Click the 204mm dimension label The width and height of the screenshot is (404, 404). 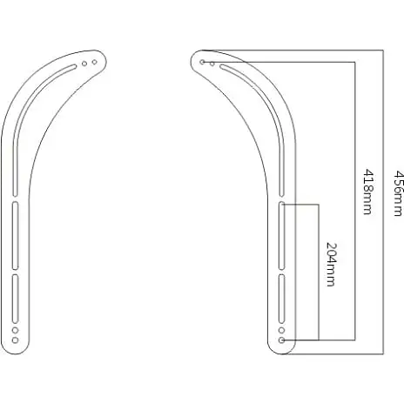331,265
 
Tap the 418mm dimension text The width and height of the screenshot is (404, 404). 367,192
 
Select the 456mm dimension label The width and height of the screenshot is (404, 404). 399,193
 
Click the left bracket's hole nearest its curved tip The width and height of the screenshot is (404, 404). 94,62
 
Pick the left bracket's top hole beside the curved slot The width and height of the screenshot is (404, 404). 84,64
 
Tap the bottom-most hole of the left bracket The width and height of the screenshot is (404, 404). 16,340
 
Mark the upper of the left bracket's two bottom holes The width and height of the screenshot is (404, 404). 16,330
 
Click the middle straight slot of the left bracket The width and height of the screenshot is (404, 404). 16,235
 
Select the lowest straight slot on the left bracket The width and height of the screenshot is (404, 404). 16,299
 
